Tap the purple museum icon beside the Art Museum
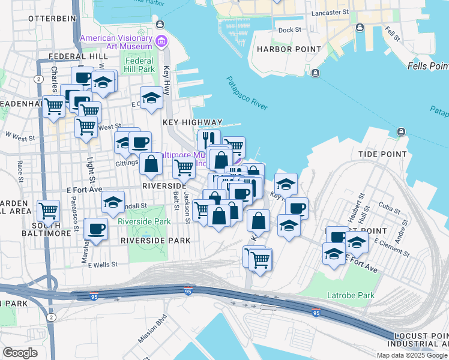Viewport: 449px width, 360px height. coord(161,41)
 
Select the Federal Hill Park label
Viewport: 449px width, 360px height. coord(139,65)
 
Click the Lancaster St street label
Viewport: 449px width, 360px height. coord(331,12)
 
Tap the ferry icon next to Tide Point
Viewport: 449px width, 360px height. coord(401,131)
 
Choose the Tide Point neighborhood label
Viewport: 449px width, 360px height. coord(382,154)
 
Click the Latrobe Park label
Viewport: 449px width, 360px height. coord(351,295)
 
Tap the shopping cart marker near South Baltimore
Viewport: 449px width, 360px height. coord(48,211)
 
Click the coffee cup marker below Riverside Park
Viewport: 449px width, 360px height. coord(96,228)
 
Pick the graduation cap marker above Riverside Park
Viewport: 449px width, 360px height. coord(112,203)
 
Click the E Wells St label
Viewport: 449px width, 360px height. coord(103,265)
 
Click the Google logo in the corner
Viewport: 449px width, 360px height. coord(20,352)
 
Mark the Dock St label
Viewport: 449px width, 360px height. coord(289,29)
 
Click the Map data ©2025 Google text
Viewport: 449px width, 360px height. coord(412,355)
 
